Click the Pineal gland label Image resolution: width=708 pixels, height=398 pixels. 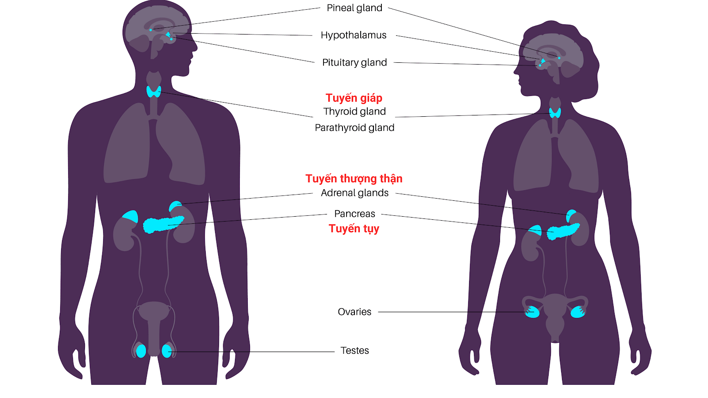tap(354, 8)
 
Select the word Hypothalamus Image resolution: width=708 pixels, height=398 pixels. tap(354, 35)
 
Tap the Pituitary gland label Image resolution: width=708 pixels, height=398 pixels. tap(354, 63)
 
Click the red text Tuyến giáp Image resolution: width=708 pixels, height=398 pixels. tap(354, 98)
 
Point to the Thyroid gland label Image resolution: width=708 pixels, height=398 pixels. tap(354, 111)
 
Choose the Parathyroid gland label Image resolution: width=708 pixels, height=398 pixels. tap(354, 128)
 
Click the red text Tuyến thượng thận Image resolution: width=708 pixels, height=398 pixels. tap(354, 179)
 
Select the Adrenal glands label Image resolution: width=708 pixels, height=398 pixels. tap(354, 193)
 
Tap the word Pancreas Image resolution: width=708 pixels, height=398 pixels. tap(354, 214)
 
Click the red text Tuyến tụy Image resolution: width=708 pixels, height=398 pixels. tap(354, 229)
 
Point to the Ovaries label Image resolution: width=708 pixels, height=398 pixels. tap(354, 312)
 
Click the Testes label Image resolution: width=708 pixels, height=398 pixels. tap(354, 351)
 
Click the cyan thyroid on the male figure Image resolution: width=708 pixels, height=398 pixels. tap(154, 92)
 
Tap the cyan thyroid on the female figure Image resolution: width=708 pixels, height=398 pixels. tap(555, 113)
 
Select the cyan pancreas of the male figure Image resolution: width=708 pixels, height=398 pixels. tap(162, 224)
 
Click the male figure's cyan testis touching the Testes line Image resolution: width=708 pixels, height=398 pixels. tap(166, 351)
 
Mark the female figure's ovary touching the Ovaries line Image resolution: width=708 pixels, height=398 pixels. tap(532, 312)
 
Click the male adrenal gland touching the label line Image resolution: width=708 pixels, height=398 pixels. tap(175, 206)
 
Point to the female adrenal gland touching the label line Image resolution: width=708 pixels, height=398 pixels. tap(571, 215)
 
